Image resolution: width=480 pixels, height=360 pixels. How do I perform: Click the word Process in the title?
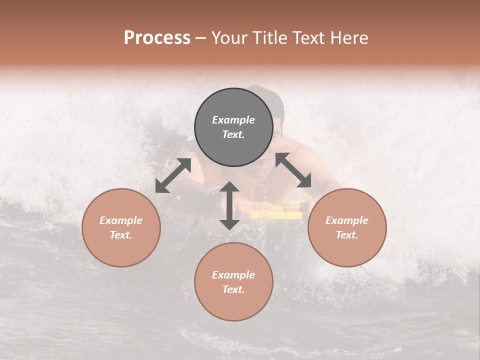click(x=157, y=38)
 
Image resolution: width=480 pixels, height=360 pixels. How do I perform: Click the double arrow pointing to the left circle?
click(x=173, y=175)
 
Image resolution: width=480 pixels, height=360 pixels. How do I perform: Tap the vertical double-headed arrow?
click(x=229, y=205)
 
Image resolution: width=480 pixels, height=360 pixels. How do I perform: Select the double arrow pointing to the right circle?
click(x=293, y=170)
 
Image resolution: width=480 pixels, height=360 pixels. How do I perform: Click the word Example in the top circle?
click(x=233, y=120)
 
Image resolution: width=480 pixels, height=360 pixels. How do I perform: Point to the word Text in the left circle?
click(x=121, y=235)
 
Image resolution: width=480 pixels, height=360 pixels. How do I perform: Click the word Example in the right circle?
click(x=347, y=220)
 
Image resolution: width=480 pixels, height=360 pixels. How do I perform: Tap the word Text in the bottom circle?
click(x=233, y=289)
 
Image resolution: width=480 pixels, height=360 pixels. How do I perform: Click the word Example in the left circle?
click(x=121, y=220)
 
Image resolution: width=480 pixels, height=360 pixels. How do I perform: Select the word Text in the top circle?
click(x=233, y=134)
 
